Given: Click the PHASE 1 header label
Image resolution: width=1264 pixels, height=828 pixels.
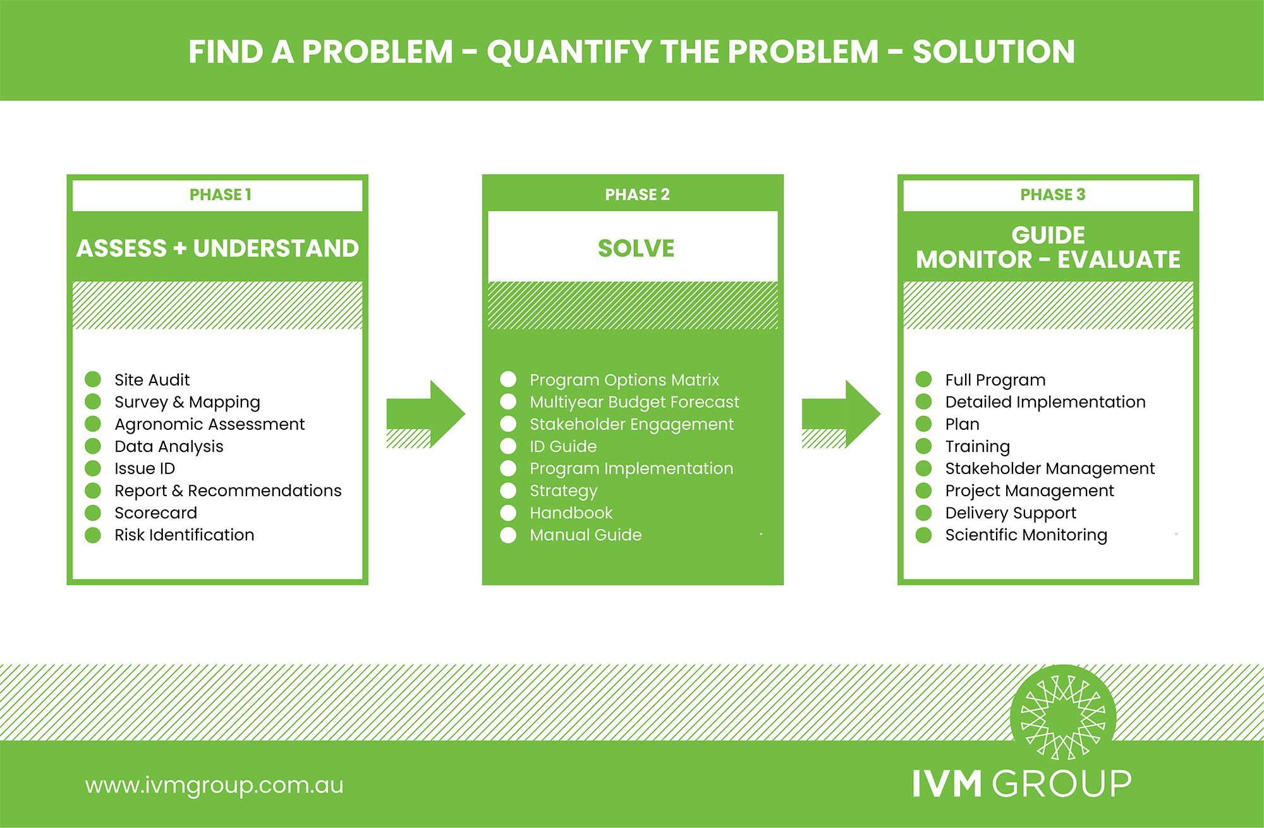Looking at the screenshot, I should point(221,195).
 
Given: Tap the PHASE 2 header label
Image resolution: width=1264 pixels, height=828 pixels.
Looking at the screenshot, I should point(637,195).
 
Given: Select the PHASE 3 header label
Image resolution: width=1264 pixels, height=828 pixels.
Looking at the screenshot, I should point(1052,195).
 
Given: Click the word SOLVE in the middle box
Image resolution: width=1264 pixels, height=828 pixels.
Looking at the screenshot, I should point(636,248).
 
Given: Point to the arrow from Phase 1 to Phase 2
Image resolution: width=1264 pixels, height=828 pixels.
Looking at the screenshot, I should point(425,414).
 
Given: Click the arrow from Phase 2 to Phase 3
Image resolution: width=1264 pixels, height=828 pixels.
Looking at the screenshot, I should point(841,414).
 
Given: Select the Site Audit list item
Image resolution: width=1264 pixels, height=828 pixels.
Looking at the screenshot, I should point(152,380).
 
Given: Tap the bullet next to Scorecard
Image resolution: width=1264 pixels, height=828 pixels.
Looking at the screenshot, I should point(93,513).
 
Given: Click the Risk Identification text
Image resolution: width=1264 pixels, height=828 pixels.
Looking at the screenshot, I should point(184,535).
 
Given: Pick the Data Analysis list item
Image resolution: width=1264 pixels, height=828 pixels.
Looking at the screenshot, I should point(169,446).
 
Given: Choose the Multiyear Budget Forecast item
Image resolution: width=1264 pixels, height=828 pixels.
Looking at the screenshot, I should point(634,402).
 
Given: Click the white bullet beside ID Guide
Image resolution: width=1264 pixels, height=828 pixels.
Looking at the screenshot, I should point(508,446).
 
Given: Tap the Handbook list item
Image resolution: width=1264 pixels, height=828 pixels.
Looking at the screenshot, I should point(571,513).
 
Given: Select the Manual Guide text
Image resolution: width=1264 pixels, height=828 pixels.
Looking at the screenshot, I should point(585,535).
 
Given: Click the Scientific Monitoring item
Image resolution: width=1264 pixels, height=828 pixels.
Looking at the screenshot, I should point(1026,535).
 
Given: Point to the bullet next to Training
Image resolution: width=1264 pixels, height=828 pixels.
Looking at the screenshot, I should point(923,446).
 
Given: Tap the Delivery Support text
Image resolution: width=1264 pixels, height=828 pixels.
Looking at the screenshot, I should point(1011,513).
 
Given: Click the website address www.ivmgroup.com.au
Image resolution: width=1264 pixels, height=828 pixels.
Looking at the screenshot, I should point(214,785).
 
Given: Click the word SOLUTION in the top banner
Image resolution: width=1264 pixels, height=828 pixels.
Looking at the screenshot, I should point(994,52).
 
